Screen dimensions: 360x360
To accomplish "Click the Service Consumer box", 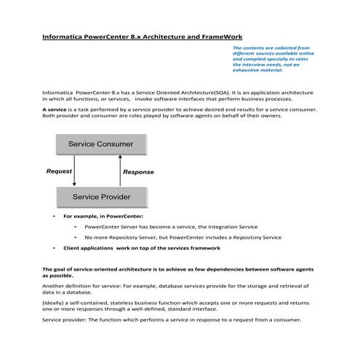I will point(101,144).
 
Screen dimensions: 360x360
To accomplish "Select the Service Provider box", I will point(101,197).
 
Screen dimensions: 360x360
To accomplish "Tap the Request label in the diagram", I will point(59,171).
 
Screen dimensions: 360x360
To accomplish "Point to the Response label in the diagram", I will point(138,172).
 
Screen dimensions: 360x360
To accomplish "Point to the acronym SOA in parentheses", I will point(225,93).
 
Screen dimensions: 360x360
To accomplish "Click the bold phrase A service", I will point(55,108).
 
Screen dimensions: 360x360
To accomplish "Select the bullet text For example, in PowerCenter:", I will point(103,216).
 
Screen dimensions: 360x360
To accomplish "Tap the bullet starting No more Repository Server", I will point(183,237).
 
